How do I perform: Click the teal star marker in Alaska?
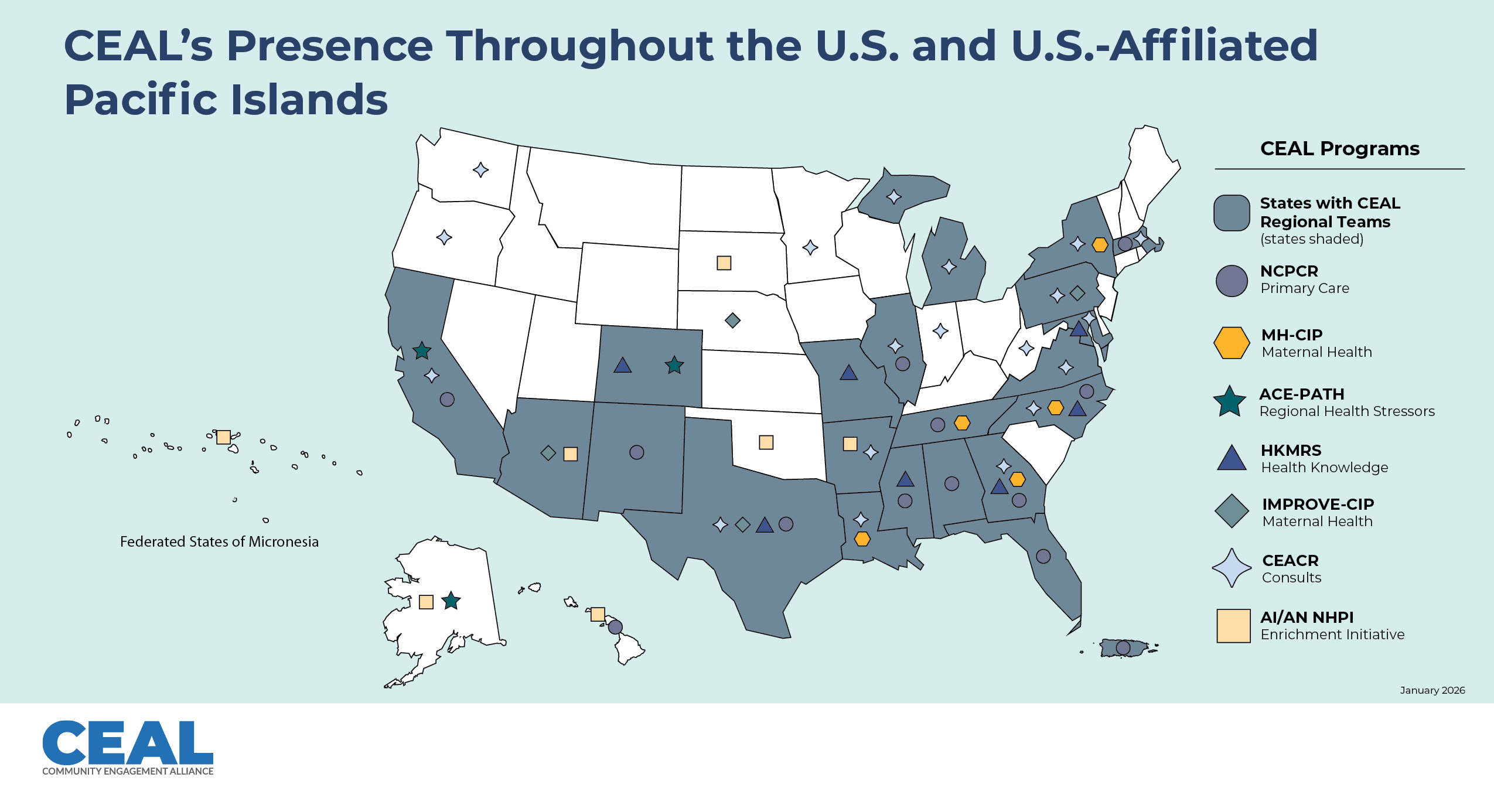451,601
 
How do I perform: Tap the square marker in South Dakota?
724,262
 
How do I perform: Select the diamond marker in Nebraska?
732,320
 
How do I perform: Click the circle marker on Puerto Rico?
1123,647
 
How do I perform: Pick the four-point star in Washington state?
480,170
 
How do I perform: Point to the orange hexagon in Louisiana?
862,538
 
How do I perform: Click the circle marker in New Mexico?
636,452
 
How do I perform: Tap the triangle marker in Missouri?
848,373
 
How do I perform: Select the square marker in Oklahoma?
766,442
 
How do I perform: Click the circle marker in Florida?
1043,556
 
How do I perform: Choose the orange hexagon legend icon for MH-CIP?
1231,343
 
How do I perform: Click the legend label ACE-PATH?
1301,394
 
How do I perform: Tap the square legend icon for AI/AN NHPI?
1233,626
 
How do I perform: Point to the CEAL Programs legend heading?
1339,148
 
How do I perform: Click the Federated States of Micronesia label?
219,541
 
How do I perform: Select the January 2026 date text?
1432,690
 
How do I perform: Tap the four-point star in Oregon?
444,237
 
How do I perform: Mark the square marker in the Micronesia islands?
223,437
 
